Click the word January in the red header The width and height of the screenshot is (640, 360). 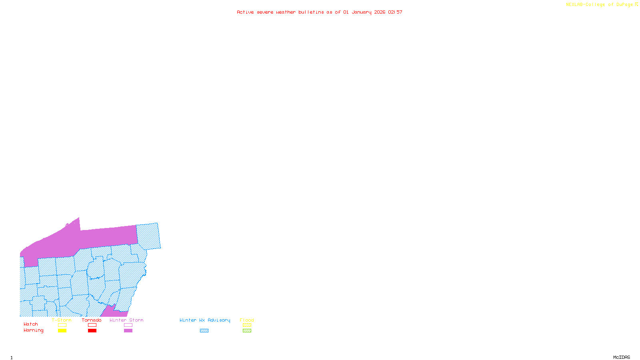point(362,12)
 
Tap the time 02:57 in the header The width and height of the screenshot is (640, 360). point(395,12)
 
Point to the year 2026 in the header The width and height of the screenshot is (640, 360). point(380,12)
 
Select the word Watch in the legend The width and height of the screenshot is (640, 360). point(31,324)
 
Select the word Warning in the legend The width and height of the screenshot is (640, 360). point(34,330)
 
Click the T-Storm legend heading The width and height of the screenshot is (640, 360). point(62,320)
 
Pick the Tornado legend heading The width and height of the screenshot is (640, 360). point(92,320)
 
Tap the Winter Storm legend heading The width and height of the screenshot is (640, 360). point(126,320)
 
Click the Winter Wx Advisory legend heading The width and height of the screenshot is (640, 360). point(205,320)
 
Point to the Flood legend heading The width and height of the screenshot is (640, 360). point(247,320)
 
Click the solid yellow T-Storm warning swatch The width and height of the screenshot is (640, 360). point(62,330)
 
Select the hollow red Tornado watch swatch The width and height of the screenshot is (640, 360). point(92,325)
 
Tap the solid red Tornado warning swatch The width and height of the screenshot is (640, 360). point(92,330)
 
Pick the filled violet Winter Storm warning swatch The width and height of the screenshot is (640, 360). point(128,330)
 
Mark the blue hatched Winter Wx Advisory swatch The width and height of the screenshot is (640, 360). point(204,330)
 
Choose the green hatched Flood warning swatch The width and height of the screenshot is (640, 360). point(247,330)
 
